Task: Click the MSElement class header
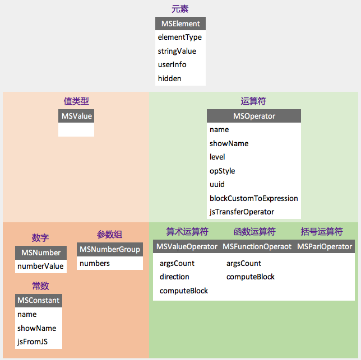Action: [180, 24]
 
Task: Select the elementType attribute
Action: [180, 38]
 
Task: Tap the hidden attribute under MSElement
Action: [170, 78]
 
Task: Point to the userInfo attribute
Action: [172, 65]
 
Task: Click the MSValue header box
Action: [76, 116]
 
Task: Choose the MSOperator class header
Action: [254, 116]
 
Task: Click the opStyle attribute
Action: [223, 171]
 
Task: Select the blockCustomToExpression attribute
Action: [254, 198]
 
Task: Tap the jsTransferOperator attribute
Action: [242, 212]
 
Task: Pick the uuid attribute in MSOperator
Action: [217, 184]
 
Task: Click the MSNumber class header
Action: [41, 253]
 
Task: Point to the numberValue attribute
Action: [41, 267]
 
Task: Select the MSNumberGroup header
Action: [110, 249]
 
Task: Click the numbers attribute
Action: [95, 263]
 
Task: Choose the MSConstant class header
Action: [39, 301]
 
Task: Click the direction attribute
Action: [174, 277]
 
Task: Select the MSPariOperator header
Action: [325, 246]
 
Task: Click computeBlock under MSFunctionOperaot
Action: [251, 277]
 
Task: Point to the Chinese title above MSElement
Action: [180, 9]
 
